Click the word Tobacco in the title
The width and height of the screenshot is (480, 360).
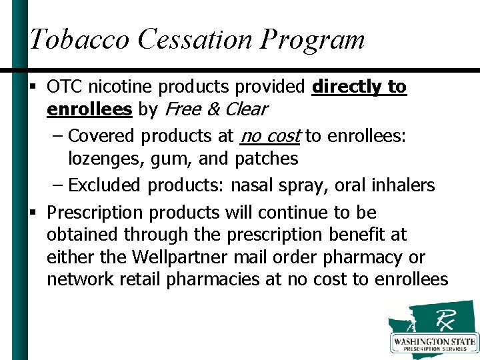click(79, 39)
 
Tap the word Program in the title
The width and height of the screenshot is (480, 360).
click(313, 41)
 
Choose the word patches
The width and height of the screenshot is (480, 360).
click(267, 159)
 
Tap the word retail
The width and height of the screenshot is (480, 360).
click(141, 279)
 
